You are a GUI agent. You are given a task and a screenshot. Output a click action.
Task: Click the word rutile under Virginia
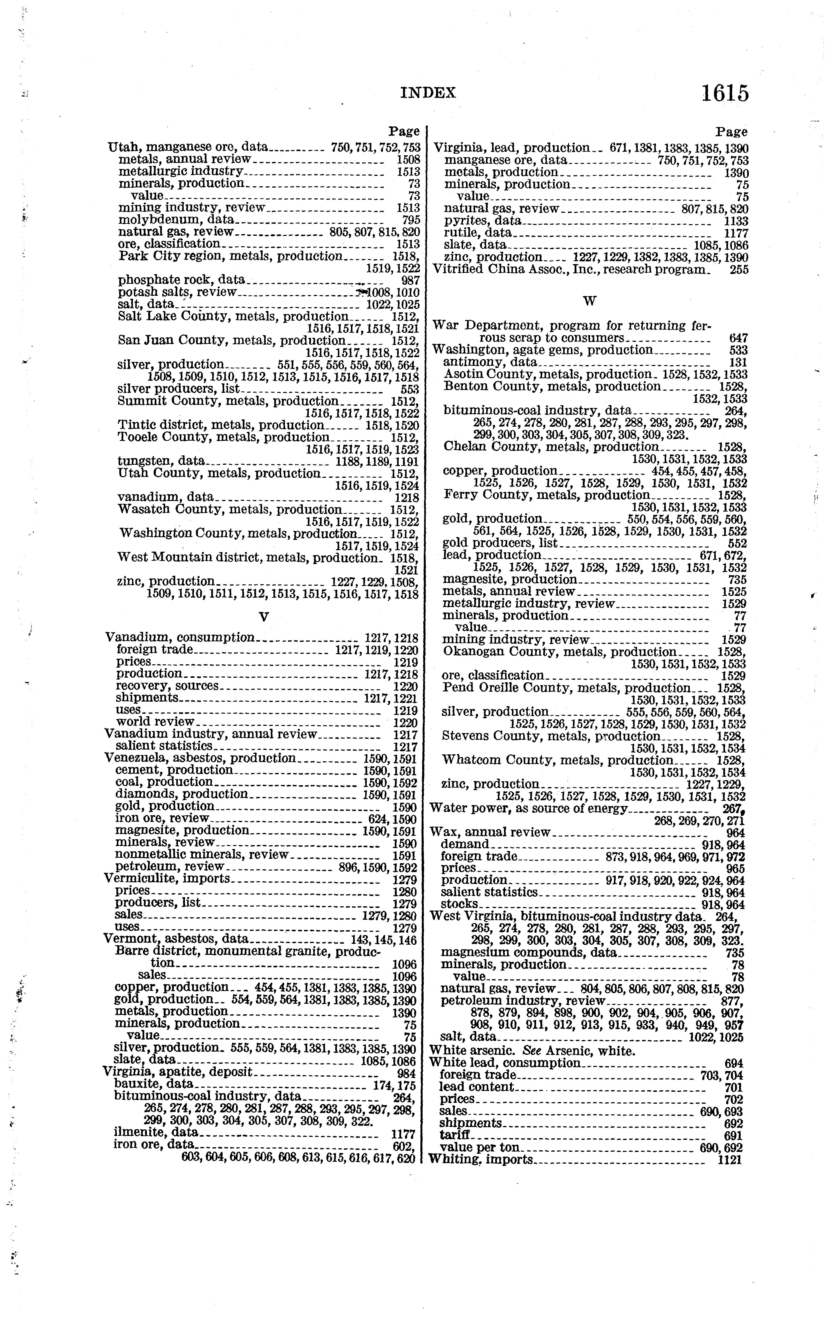pos(458,233)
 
